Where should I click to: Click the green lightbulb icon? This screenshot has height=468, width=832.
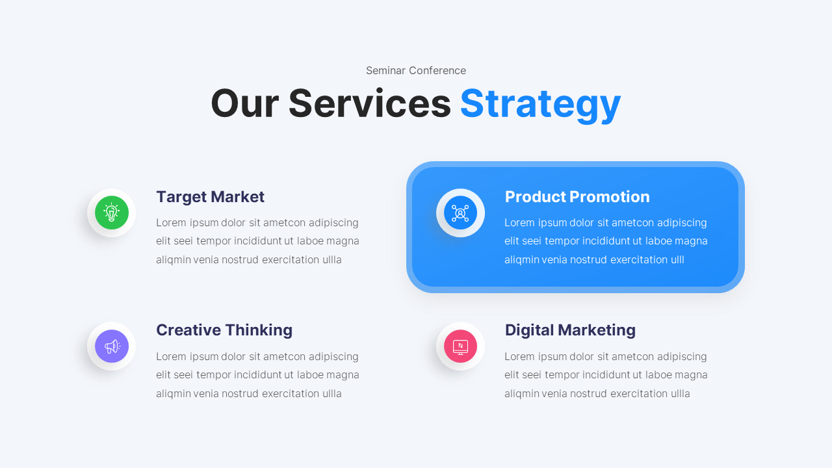pos(112,213)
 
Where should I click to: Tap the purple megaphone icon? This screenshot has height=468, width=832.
pos(112,346)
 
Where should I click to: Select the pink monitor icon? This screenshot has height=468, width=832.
pos(460,346)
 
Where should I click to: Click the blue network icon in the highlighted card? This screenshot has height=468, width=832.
pos(460,213)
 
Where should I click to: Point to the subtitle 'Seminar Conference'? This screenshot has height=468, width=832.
pos(416,70)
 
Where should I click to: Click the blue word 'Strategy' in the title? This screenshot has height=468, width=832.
pos(540,104)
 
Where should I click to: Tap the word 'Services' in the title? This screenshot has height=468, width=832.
pos(369,104)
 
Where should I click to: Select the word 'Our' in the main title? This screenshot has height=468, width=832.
pos(244,104)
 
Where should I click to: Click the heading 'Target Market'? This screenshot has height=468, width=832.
pos(210,197)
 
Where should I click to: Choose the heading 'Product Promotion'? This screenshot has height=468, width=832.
pos(577,197)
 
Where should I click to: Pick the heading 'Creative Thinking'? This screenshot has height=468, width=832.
pos(224,330)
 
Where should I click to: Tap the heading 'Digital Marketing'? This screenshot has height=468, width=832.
pos(570,330)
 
